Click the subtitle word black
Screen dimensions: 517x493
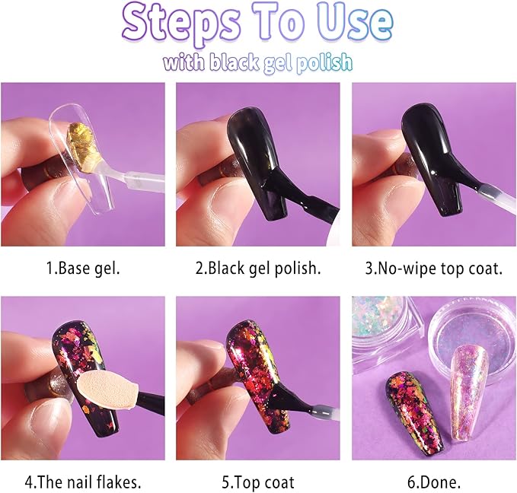[234, 62]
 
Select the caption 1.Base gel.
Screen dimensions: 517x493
[82, 268]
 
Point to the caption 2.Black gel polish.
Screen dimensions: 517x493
[258, 269]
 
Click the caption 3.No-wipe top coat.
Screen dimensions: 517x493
[433, 269]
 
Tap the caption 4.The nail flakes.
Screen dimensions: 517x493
[83, 482]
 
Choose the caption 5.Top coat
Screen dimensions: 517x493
[258, 482]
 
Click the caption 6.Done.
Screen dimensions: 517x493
[434, 482]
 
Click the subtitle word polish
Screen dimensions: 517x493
[324, 62]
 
